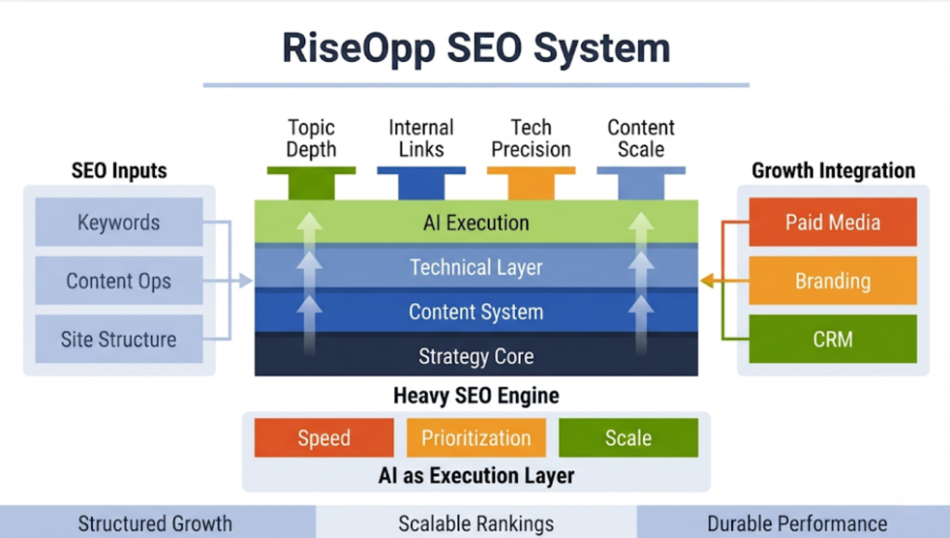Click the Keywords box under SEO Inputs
click(x=119, y=223)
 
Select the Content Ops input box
click(x=119, y=281)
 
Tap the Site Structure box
click(x=119, y=339)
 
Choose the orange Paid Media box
click(x=832, y=223)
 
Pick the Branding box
click(x=832, y=281)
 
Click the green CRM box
click(x=832, y=339)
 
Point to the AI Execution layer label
click(x=476, y=224)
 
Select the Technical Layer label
click(x=476, y=268)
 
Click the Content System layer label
click(x=476, y=313)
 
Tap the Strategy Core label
click(x=476, y=356)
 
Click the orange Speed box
click(x=324, y=438)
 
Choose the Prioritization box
click(x=476, y=438)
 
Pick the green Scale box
click(x=628, y=438)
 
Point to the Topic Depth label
click(x=311, y=138)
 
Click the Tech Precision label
click(x=531, y=138)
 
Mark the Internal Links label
click(x=420, y=138)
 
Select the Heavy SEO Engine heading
click(x=476, y=396)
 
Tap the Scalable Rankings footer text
click(x=476, y=523)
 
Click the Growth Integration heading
click(x=832, y=171)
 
